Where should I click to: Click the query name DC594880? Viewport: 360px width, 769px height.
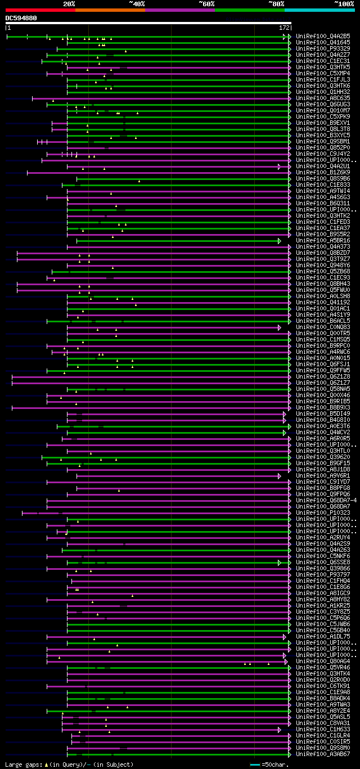(x=21, y=18)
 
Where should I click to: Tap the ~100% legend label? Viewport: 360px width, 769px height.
(x=344, y=3)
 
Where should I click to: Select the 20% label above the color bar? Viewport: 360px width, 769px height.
(x=69, y=3)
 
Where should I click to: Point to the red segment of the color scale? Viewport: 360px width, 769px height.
(x=40, y=10)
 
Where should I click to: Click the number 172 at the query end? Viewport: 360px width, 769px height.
(x=284, y=27)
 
